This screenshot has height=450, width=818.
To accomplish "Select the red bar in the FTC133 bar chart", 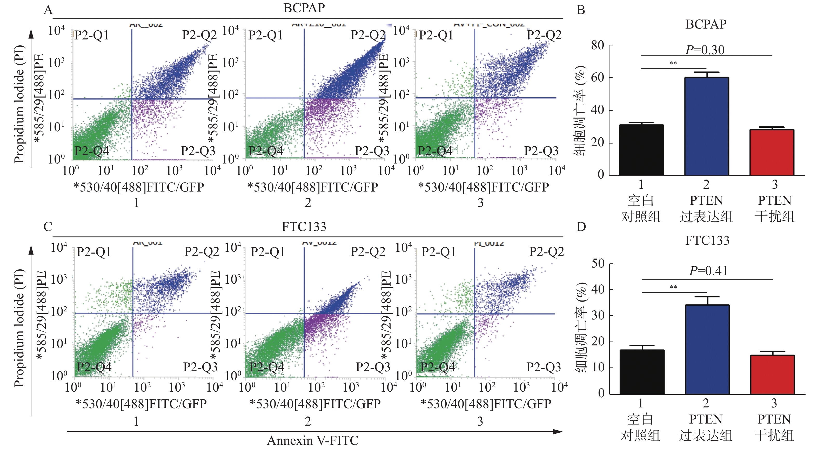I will [772, 374].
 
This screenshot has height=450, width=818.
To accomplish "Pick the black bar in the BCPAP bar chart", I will [641, 150].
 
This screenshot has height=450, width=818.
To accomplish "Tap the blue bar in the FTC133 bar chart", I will [707, 349].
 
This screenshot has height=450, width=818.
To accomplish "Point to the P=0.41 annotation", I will [708, 271].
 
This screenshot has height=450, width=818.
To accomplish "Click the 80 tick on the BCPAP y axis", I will [597, 45].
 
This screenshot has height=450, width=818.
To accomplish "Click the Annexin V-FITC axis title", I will [313, 440].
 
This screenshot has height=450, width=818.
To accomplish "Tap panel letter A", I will [48, 10].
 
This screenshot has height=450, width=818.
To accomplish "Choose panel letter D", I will [581, 227].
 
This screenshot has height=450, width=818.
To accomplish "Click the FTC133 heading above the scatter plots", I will [304, 227].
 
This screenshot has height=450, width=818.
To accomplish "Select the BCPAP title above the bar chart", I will [706, 24].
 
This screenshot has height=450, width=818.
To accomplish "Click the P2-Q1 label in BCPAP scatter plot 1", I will [91, 35].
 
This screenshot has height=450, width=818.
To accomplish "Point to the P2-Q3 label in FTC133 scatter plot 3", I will [544, 367].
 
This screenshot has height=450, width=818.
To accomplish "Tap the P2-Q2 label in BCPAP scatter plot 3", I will [544, 35].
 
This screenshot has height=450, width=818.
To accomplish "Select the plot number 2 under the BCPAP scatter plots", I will [308, 202].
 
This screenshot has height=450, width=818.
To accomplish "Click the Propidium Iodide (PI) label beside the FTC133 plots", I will [19, 328].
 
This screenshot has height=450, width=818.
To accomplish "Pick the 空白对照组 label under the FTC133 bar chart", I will [640, 427].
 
